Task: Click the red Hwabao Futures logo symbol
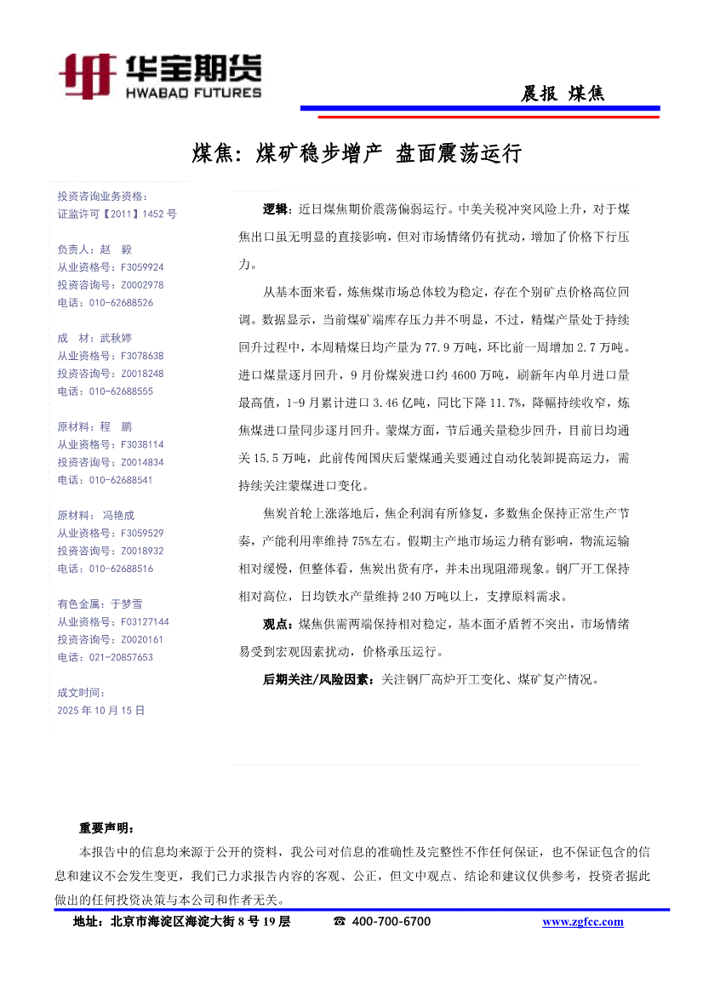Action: tap(88, 75)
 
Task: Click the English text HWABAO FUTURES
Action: tap(193, 92)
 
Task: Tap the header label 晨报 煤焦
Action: tap(562, 94)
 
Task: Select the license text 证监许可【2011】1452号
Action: tap(117, 214)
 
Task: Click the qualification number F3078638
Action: tap(130, 356)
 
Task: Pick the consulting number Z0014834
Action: tap(130, 462)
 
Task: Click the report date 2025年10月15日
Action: tap(101, 709)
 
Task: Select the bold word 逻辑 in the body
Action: tap(275, 209)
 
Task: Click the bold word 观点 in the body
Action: tap(275, 625)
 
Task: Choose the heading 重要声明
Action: tap(106, 827)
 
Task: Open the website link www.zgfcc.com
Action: tap(582, 922)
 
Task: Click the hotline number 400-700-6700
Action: tap(391, 922)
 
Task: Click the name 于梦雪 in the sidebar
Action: tap(127, 603)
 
